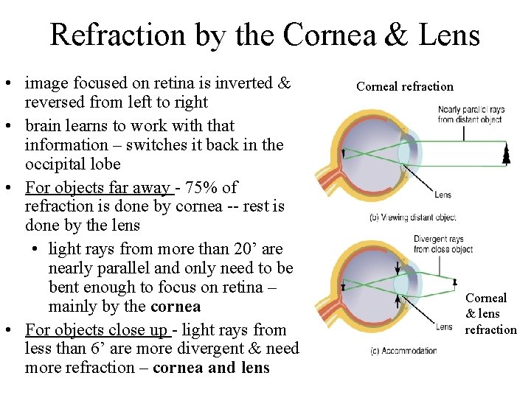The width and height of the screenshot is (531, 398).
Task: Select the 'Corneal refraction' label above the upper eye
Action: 405,87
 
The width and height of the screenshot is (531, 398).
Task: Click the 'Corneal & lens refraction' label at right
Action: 490,313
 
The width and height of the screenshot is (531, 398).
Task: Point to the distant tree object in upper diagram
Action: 505,154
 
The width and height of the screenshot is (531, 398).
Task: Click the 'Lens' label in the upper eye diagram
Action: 443,195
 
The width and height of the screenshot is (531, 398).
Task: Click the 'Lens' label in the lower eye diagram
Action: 443,327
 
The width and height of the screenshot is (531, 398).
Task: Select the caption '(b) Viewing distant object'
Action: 413,217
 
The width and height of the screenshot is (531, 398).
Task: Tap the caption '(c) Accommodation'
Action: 403,352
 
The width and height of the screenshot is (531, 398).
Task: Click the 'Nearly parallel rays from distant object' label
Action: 469,114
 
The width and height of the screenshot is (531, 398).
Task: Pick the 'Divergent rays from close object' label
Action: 440,244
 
